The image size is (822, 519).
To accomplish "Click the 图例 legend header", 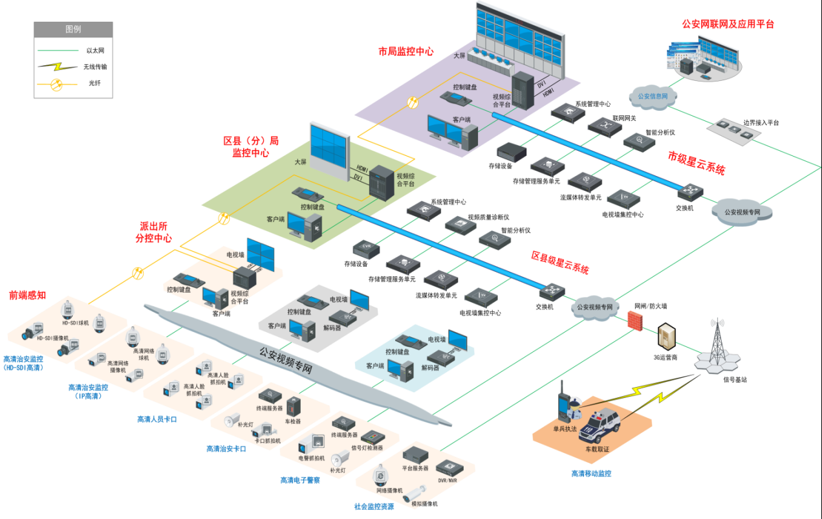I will point(73,30).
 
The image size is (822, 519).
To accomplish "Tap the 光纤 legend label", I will point(94,83).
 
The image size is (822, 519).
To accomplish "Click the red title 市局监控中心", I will point(406,51).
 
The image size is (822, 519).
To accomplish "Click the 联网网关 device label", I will point(625,118).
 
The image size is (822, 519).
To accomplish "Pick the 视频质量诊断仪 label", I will point(488,217).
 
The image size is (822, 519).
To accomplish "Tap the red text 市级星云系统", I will point(697,163).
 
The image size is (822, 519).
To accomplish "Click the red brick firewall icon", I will point(636,320).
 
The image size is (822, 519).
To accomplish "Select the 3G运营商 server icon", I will point(666,338).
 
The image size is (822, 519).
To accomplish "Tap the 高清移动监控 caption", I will point(591,474).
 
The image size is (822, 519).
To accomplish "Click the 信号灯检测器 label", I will point(367,448).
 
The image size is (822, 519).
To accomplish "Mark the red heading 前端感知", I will point(27,295).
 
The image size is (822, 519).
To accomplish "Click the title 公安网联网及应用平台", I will point(728,25).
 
